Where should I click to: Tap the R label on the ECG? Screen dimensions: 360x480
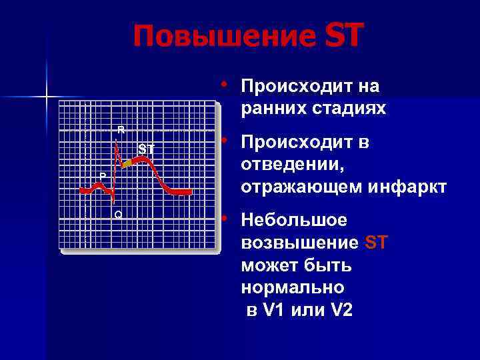(121, 129)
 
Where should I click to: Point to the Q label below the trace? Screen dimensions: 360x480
(117, 214)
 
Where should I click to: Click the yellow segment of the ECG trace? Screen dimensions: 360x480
(127, 163)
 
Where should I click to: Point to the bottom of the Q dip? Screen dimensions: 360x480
(114, 200)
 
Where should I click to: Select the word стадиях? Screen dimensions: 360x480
(353, 108)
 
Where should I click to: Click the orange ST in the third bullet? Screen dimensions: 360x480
(377, 243)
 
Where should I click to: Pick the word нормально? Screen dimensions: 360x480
(293, 288)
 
